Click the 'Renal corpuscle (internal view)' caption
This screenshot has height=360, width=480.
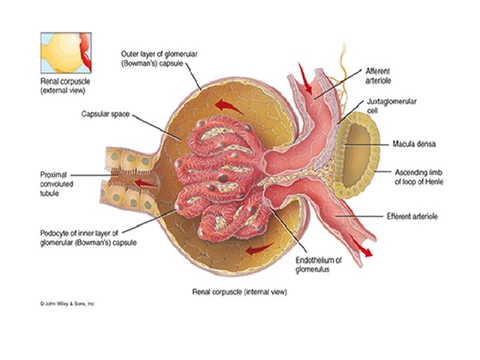coord(240,291)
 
